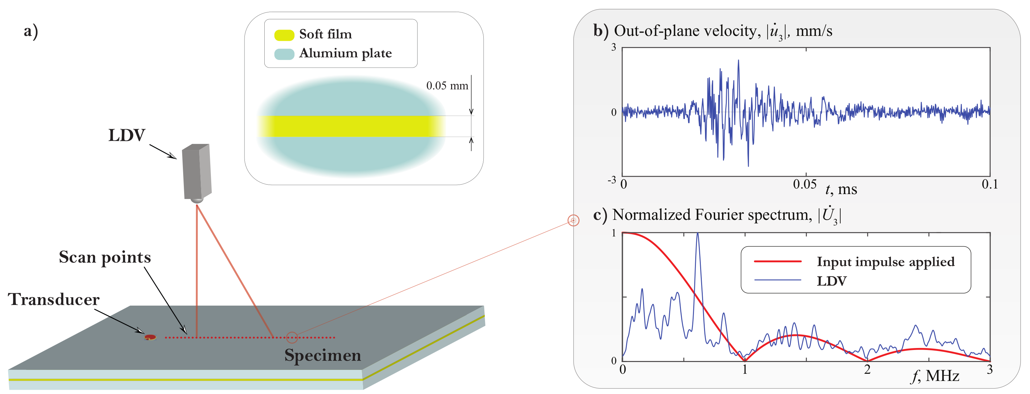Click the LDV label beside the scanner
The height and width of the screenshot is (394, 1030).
pos(127,136)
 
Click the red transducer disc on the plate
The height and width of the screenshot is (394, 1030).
pos(150,338)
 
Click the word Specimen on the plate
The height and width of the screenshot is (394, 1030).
pos(323,355)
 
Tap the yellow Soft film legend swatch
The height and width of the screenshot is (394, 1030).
pos(284,35)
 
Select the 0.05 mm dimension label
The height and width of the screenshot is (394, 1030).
pos(447,85)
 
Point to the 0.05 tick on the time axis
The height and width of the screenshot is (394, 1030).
pos(804,184)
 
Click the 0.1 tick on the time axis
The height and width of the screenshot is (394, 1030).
pos(990,184)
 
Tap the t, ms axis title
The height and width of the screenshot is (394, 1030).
pos(841,189)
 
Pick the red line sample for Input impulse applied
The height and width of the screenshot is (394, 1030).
pos(778,261)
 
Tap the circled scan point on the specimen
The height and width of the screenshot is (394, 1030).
pos(292,338)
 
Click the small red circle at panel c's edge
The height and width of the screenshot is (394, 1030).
pos(573,220)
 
